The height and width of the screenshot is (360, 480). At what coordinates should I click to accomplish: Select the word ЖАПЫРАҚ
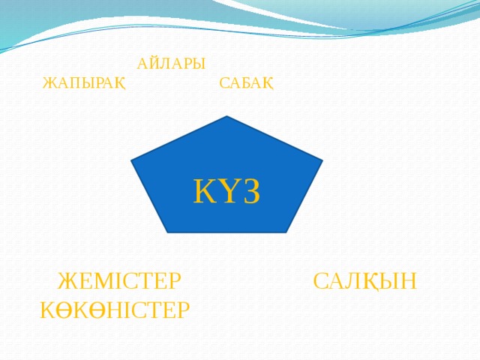click(84, 82)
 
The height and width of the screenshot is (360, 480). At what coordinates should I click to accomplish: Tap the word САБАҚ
click(246, 82)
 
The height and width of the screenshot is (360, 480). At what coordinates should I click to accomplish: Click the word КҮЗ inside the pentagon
click(226, 192)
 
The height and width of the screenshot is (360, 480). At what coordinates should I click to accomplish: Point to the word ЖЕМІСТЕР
click(119, 282)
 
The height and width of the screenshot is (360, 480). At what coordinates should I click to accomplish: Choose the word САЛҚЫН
click(365, 282)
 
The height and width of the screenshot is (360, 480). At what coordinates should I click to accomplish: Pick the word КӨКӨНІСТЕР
click(115, 308)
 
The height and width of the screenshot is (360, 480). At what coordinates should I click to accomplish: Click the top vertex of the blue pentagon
click(226, 117)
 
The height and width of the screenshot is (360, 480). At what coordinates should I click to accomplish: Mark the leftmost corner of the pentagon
click(132, 161)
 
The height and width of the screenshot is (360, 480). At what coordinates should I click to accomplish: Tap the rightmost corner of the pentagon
click(322, 160)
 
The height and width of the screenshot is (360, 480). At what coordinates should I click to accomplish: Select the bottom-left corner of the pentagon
click(167, 232)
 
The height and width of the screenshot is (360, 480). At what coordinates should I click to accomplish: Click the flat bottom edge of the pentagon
click(226, 232)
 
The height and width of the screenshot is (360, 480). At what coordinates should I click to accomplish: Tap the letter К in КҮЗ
click(203, 192)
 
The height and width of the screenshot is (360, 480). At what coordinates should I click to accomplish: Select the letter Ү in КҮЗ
click(227, 192)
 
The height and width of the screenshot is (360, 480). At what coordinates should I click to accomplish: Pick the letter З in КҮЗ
click(250, 192)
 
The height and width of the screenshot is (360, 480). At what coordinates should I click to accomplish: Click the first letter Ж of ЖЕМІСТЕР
click(67, 282)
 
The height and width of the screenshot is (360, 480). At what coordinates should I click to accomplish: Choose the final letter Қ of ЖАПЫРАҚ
click(119, 82)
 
